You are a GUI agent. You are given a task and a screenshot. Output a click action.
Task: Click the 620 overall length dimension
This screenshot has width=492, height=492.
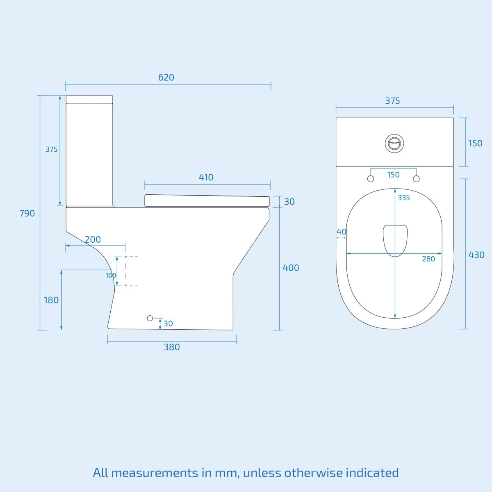[x=166, y=77]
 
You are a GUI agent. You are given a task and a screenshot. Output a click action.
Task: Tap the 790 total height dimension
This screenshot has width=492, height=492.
[x=27, y=213]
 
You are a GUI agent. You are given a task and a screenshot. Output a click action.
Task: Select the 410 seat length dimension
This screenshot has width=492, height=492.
[x=206, y=178]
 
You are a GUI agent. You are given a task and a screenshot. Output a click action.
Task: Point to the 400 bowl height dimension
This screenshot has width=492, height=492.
[x=291, y=268]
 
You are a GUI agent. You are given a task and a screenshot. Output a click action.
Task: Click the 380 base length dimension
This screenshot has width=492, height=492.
[x=171, y=347]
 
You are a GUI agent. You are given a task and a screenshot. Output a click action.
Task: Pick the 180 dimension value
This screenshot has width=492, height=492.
[x=51, y=300]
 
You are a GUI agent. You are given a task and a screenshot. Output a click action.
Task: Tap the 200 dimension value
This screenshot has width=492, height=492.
[x=93, y=239]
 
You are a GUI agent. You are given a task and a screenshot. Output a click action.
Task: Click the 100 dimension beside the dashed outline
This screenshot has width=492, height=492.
[x=111, y=276]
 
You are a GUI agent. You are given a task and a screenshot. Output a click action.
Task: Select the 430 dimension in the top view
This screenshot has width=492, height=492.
[x=476, y=255]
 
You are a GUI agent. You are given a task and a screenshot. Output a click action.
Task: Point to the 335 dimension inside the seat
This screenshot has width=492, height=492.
[x=403, y=198]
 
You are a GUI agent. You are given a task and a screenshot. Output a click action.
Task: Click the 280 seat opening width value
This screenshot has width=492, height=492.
[x=428, y=259]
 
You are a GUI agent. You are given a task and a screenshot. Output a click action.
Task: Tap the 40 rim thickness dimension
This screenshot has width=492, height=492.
[x=341, y=232]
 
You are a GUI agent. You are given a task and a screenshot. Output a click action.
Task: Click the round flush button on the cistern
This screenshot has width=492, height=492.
[x=394, y=143]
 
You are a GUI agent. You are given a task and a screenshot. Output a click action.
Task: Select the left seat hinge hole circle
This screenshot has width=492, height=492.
[x=371, y=179]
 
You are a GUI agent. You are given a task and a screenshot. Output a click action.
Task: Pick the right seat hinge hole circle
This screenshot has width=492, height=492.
[x=416, y=179]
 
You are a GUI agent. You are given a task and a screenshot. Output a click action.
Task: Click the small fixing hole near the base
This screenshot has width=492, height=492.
[x=150, y=318]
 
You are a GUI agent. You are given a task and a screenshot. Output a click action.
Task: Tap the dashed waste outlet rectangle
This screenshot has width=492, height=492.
[x=131, y=271]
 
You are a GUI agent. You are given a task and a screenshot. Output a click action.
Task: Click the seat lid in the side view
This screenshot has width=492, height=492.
[x=207, y=200]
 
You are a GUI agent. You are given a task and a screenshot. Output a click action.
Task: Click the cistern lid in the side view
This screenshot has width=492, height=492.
[x=89, y=99]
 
